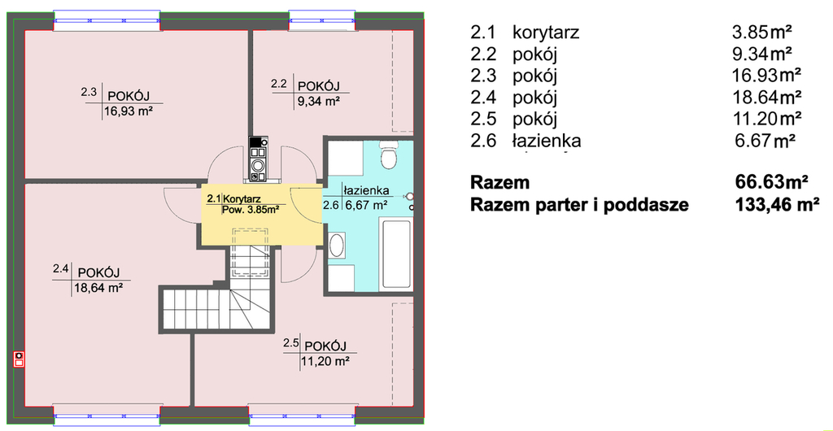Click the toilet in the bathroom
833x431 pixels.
(390, 155)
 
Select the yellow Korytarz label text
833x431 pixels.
(242, 198)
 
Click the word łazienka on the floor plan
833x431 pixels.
(367, 190)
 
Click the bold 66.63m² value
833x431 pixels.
(771, 183)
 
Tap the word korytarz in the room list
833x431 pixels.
(546, 33)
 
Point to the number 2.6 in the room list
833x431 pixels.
(483, 141)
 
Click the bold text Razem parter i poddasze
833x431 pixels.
(579, 205)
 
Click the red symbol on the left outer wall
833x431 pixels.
(20, 359)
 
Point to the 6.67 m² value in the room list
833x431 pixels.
(765, 141)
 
